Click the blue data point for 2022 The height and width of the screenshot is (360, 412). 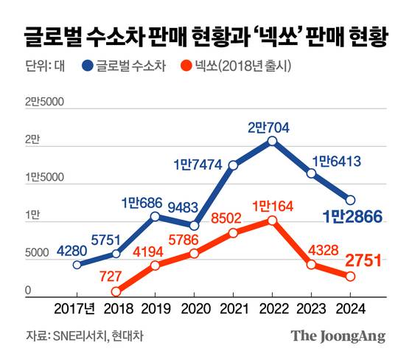(x=273, y=141)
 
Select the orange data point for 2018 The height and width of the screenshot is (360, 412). (x=116, y=292)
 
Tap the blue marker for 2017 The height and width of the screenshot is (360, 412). (x=77, y=264)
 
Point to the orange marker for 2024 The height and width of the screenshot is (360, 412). (x=351, y=276)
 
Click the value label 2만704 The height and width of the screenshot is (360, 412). (x=268, y=126)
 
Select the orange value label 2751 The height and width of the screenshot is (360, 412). (x=363, y=259)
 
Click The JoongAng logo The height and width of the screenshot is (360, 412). (x=338, y=336)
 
